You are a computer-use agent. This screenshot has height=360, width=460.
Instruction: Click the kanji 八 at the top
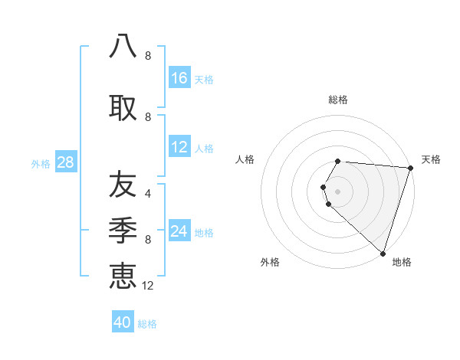pos(123,45)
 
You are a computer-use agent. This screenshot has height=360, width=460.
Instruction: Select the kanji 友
pos(123,185)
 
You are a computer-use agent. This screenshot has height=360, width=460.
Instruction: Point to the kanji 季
pos(123,229)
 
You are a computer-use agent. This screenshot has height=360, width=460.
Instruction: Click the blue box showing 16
pos(179,77)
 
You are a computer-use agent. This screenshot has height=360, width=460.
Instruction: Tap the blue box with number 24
pos(179,231)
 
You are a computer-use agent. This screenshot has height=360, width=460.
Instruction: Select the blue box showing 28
pos(64,162)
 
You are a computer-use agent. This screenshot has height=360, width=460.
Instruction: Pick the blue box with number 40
pos(123,322)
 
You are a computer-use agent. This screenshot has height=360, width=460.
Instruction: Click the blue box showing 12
pos(179,147)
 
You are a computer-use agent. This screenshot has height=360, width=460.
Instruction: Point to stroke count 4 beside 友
pos(148,194)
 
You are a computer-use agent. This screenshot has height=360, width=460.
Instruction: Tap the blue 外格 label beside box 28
pos(41,163)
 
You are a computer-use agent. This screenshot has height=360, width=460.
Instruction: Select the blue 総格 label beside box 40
pos(147,324)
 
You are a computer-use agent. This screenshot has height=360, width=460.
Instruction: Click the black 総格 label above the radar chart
pos(338,100)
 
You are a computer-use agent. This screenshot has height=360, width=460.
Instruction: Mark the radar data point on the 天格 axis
pos(410,168)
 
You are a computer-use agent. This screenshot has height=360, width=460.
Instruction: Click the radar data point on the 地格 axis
pos(383,253)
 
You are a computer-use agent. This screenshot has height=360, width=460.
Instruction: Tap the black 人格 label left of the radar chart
pos(245,159)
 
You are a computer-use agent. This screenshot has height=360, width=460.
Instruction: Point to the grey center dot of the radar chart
pos(338,191)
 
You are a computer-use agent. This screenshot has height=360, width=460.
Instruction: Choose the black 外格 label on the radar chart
pos(270,262)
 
